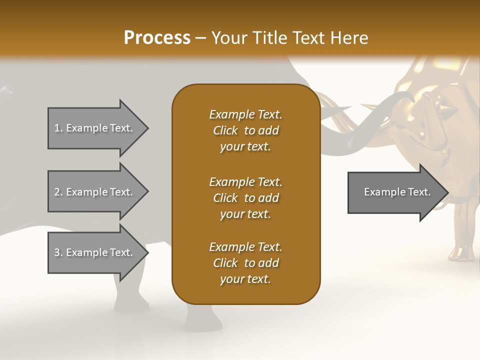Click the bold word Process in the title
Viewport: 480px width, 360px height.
[157, 37]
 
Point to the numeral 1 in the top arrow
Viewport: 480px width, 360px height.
[56, 128]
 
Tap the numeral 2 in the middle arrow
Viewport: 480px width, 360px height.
[57, 192]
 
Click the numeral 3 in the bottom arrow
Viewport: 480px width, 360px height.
[57, 252]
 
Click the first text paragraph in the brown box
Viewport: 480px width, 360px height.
[245, 130]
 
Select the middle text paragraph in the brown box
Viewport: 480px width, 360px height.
[245, 198]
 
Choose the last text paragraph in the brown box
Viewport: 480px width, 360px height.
[245, 263]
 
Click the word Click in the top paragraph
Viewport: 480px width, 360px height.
[225, 130]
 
